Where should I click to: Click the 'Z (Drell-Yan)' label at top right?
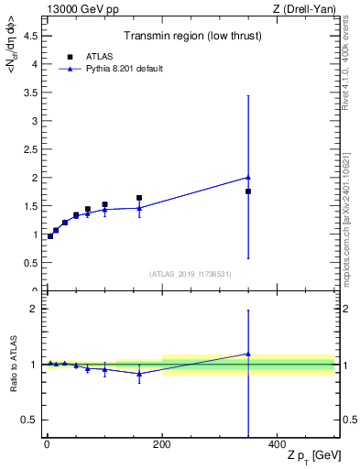click(x=307, y=9)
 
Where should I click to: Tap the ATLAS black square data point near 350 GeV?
click(x=248, y=191)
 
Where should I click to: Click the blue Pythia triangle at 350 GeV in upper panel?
click(x=248, y=177)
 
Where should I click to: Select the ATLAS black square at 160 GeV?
click(x=139, y=198)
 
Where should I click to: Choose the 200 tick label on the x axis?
click(x=162, y=445)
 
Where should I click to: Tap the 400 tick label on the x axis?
click(x=277, y=445)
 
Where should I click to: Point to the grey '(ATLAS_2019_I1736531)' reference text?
click(x=191, y=274)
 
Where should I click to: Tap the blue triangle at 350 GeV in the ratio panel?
click(x=248, y=354)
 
